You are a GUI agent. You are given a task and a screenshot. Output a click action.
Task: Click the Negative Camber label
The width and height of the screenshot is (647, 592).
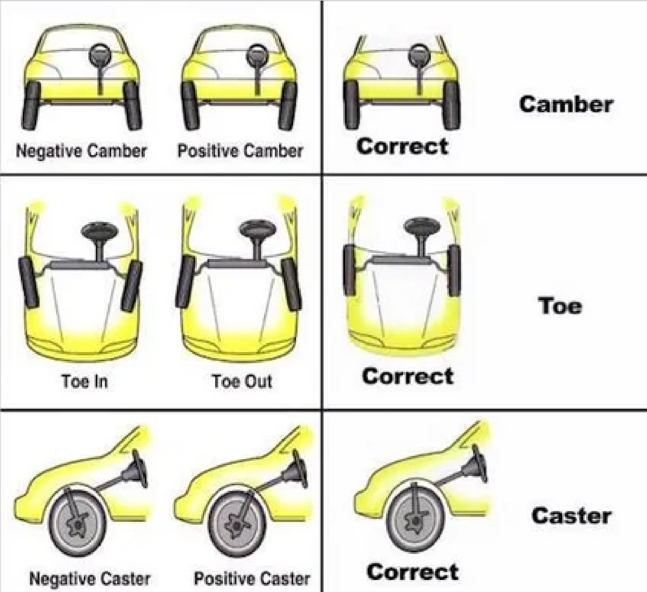point(81,151)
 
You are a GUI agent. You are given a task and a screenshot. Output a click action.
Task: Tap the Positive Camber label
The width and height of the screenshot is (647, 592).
point(240,151)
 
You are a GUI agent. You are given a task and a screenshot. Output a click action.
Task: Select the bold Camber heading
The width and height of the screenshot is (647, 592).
point(566,104)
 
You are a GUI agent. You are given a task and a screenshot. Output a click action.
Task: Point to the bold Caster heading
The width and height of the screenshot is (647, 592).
point(571,516)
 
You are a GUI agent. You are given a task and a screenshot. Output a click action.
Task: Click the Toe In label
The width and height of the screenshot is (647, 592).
point(85,381)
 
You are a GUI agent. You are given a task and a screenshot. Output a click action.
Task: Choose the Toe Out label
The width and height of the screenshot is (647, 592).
point(242,381)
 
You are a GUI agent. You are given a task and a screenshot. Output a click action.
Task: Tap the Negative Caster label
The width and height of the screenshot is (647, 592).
point(90,578)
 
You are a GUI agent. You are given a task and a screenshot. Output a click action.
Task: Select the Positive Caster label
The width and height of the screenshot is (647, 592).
point(252,578)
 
